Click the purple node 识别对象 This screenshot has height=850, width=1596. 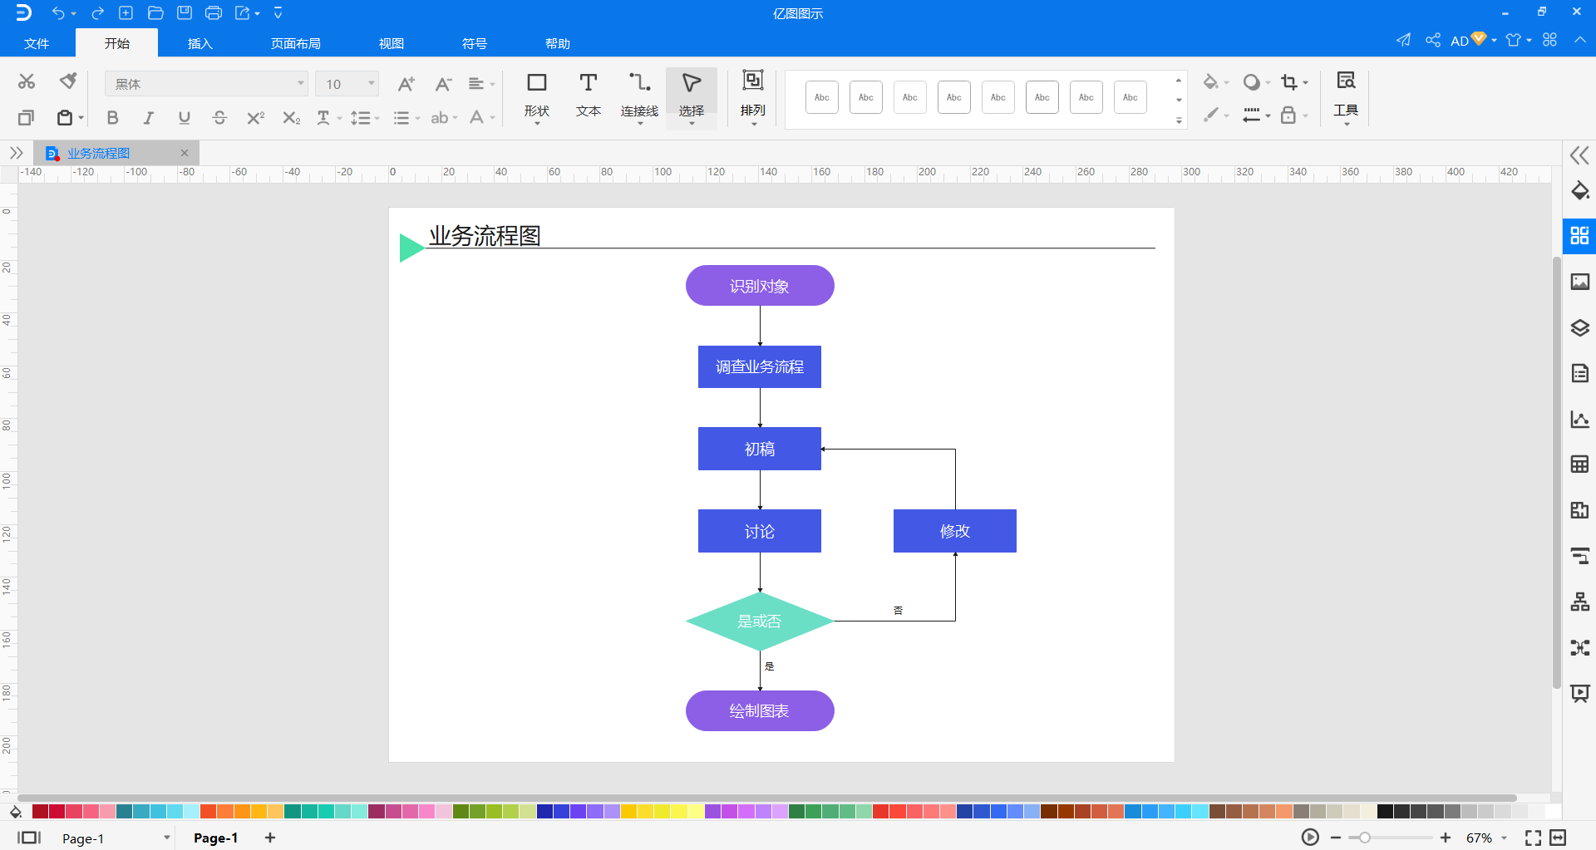tap(759, 286)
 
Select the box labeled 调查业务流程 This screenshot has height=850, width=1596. tap(759, 366)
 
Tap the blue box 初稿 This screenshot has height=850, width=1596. tap(759, 449)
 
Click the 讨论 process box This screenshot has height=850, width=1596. tap(759, 531)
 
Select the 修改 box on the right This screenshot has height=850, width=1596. tap(954, 531)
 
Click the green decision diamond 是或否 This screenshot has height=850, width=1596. tap(759, 621)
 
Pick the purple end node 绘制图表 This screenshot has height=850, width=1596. tap(759, 710)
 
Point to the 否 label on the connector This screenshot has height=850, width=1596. tap(898, 611)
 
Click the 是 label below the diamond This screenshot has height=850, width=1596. tap(769, 666)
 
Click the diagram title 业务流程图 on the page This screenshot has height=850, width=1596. tap(485, 236)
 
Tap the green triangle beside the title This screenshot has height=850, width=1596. tap(410, 248)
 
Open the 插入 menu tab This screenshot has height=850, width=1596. tap(199, 43)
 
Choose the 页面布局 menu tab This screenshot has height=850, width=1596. tap(295, 43)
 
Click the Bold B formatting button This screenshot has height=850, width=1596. tap(112, 118)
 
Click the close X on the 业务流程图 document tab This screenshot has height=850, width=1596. tap(185, 153)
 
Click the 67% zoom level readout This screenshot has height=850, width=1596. tap(1479, 838)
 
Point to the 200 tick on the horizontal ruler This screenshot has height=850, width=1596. tap(927, 173)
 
